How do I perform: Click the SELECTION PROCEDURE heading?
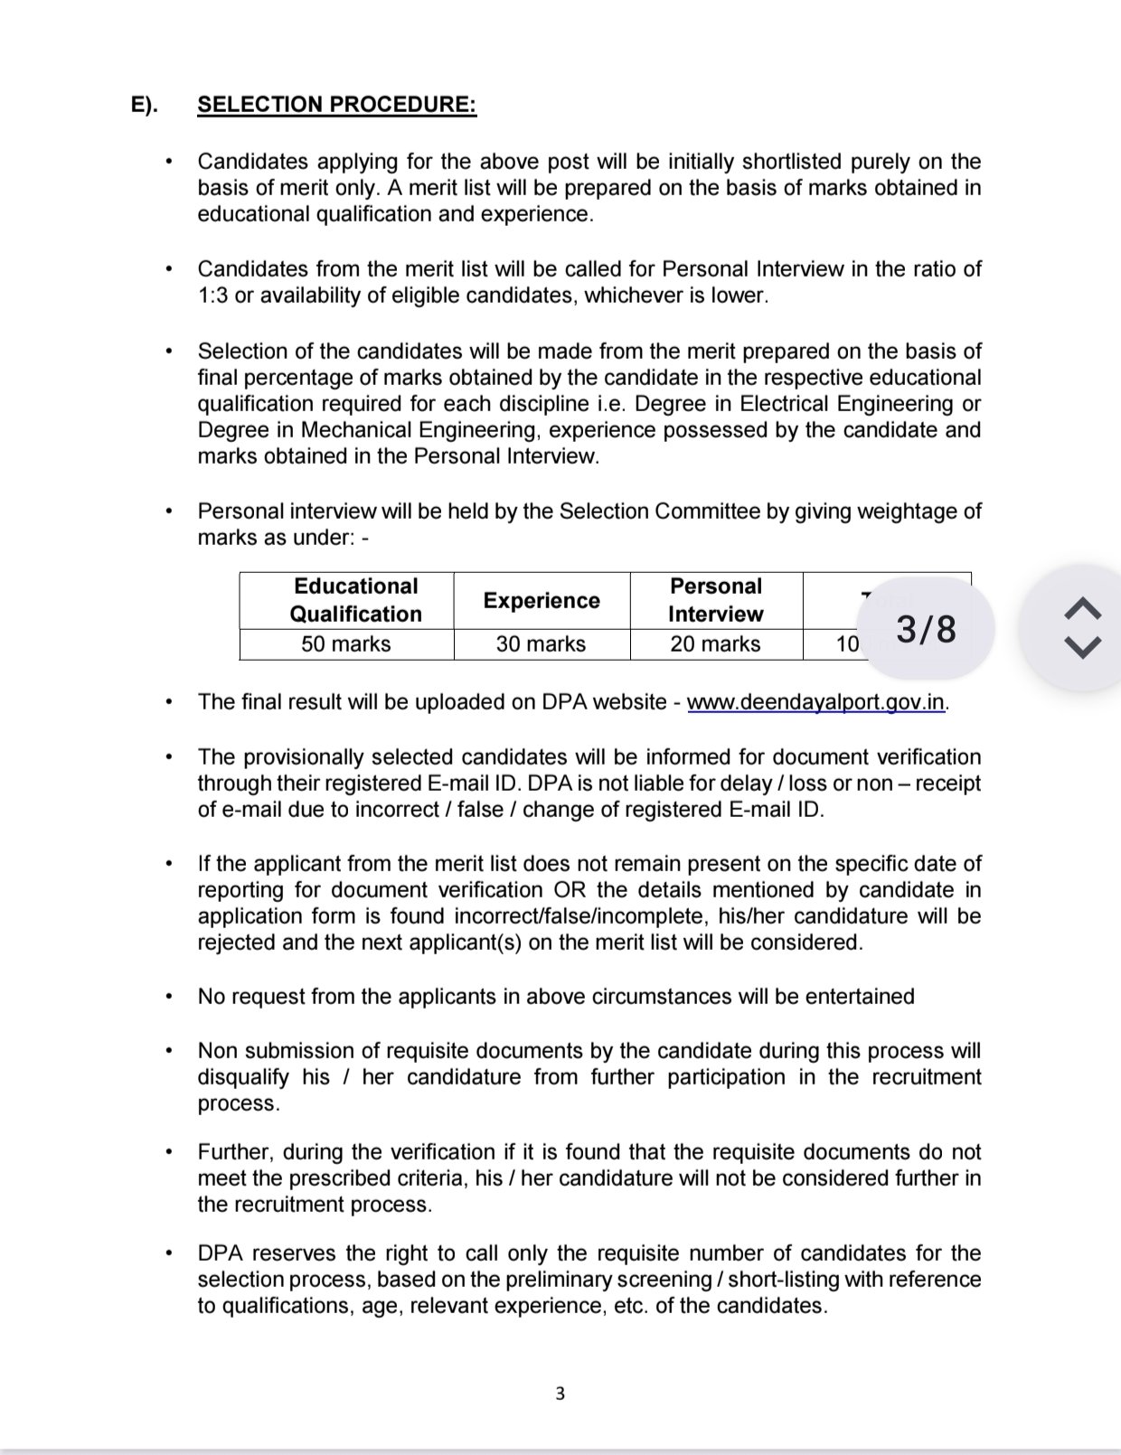[x=336, y=105]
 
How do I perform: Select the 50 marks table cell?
[x=346, y=643]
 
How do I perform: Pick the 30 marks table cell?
[x=541, y=643]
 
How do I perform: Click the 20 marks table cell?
[x=715, y=643]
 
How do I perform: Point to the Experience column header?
[x=541, y=601]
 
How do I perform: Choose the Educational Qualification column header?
[x=355, y=600]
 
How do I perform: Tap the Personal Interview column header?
[x=715, y=600]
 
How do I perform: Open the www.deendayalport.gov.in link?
[x=816, y=702]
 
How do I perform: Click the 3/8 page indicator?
[x=925, y=630]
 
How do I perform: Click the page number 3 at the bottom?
[x=560, y=1394]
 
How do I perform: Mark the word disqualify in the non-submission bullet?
[x=243, y=1077]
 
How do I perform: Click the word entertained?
[x=860, y=997]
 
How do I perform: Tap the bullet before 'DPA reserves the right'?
[x=168, y=1254]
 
